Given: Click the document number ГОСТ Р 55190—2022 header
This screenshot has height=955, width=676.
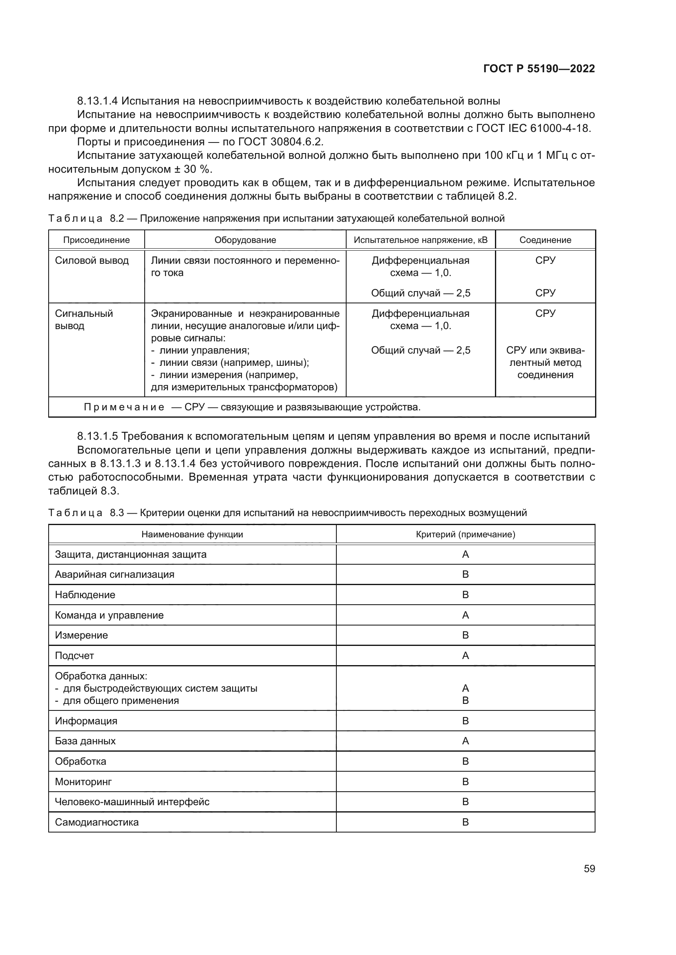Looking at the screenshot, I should [x=539, y=69].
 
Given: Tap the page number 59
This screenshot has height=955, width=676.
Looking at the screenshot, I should [x=589, y=868].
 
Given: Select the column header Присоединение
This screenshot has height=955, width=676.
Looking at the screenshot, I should [x=96, y=240].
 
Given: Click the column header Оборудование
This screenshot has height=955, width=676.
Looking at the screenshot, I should [x=245, y=240].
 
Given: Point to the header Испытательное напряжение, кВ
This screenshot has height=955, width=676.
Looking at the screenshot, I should [x=421, y=240].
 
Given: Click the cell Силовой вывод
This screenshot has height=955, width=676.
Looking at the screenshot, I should [x=92, y=261].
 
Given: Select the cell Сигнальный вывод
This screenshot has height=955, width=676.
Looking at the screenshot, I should [x=84, y=319].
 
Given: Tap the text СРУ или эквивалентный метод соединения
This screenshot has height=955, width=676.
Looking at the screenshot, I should [x=545, y=362].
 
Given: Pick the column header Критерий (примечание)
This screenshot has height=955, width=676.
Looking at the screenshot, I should [x=466, y=534].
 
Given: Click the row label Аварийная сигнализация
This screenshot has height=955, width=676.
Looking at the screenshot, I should [x=114, y=574].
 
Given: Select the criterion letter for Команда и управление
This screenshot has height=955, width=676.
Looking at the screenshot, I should [x=466, y=615].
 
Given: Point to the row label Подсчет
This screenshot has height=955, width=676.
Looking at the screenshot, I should [x=74, y=656].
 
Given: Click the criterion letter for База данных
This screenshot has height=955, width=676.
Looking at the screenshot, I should [x=466, y=741].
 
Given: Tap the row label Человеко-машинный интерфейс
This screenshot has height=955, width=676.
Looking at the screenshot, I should [x=132, y=801].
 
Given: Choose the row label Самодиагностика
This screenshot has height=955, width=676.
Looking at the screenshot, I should [x=96, y=822].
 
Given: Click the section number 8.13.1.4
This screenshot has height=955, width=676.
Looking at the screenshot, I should [x=97, y=101].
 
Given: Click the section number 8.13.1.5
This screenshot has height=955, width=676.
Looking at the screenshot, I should [x=97, y=436].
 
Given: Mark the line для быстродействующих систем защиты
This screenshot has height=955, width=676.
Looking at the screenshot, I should [x=160, y=688].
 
